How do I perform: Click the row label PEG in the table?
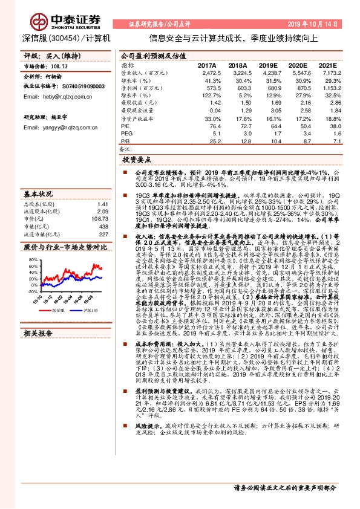(x=126, y=133)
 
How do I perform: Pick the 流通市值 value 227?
(x=103, y=234)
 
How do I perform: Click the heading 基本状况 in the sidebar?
(x=38, y=194)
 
